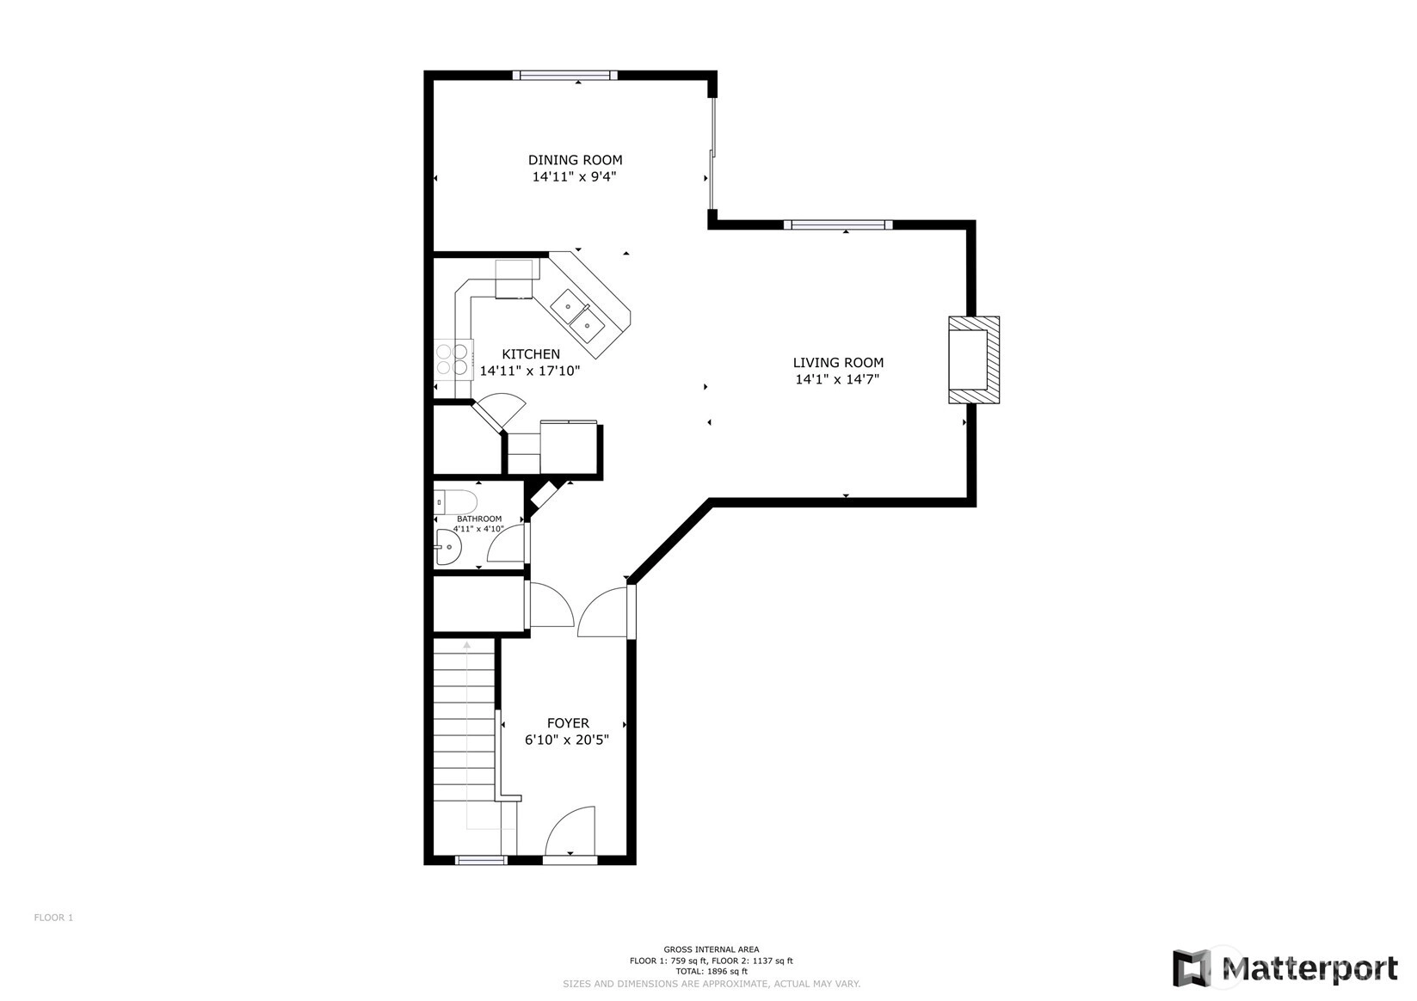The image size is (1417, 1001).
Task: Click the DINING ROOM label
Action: click(x=575, y=160)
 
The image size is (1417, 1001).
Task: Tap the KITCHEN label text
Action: click(x=531, y=354)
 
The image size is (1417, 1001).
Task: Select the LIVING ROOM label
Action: click(x=838, y=362)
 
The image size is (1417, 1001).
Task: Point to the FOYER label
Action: click(x=568, y=722)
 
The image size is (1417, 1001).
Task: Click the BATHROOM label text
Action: click(x=479, y=519)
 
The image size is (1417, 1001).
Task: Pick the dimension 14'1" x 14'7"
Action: click(x=837, y=379)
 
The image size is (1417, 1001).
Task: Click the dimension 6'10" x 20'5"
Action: click(x=567, y=740)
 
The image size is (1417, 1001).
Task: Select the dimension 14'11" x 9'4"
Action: click(x=575, y=177)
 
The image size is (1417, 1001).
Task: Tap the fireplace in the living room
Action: click(x=974, y=359)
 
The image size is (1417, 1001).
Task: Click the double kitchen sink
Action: click(x=577, y=316)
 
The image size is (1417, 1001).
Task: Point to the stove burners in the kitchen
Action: click(x=453, y=359)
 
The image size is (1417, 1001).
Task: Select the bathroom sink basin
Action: click(x=447, y=547)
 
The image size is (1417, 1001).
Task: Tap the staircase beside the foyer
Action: click(x=464, y=734)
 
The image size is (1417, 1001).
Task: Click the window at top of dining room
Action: click(x=565, y=76)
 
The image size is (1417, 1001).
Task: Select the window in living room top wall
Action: click(x=838, y=224)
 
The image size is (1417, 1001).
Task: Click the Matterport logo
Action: click(x=1285, y=968)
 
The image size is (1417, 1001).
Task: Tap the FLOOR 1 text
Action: click(x=53, y=918)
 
